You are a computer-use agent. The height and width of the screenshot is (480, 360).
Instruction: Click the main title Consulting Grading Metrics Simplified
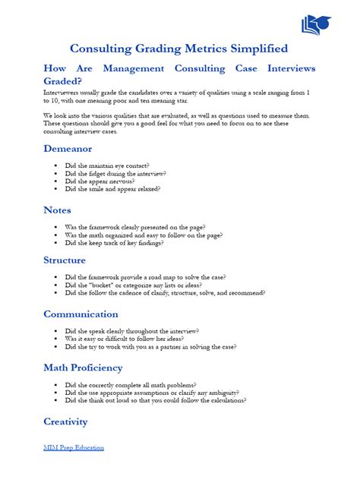click(179, 49)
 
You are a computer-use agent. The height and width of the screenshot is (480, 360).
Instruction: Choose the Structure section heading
click(65, 260)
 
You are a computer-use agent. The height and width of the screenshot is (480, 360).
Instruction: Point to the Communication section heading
click(81, 314)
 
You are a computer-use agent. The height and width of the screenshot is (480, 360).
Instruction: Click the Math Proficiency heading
click(83, 368)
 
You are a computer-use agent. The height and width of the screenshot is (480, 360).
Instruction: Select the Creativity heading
click(66, 421)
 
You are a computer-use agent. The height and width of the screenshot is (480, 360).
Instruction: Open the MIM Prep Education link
click(74, 447)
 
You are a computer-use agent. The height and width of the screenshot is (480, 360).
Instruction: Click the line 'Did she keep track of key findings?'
click(121, 243)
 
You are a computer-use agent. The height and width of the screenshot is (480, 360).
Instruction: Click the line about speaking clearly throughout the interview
click(132, 331)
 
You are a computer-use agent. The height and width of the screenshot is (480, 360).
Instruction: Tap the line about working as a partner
click(150, 346)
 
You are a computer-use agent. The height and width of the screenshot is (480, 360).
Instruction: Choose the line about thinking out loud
click(155, 400)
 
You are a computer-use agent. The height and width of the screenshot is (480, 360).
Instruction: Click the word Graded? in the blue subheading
click(63, 81)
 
